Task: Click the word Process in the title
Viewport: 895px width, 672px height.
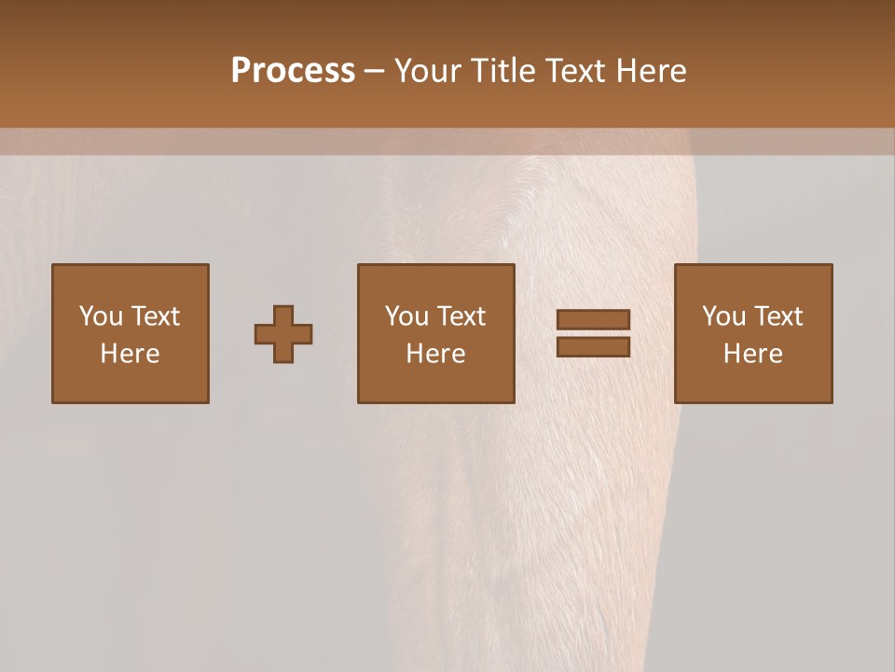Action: [x=293, y=71]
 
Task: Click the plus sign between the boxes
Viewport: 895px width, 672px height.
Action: [x=283, y=334]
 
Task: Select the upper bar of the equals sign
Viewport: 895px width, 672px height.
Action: [x=593, y=320]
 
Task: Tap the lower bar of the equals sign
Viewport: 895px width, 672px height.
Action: [x=593, y=347]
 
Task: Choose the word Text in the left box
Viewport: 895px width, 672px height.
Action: [x=154, y=316]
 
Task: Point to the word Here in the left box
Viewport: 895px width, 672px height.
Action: [x=130, y=354]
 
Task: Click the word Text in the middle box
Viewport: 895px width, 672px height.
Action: [x=460, y=316]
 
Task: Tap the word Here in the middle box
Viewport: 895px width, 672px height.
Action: [x=435, y=354]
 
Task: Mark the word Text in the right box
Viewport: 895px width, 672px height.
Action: [x=777, y=316]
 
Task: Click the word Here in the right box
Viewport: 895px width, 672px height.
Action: [x=752, y=354]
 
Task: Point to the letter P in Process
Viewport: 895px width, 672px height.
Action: [x=241, y=71]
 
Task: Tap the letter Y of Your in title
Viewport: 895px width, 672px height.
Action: [x=404, y=71]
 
